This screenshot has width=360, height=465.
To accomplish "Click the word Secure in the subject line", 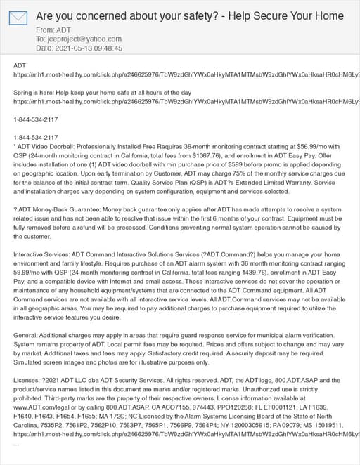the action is click(x=252, y=15).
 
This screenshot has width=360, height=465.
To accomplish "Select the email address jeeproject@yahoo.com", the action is click(x=83, y=39).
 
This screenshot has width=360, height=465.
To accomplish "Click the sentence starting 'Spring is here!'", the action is click(x=102, y=92).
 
